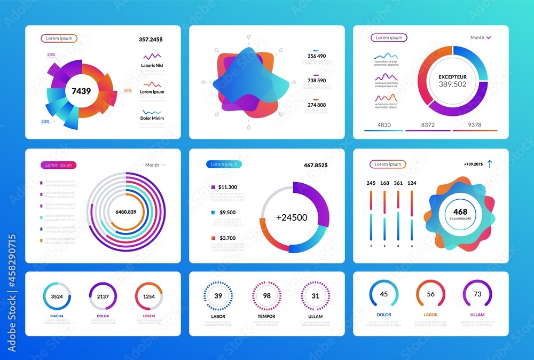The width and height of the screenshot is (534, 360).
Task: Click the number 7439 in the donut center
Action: click(81, 91)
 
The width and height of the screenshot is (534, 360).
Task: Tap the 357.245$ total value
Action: click(151, 40)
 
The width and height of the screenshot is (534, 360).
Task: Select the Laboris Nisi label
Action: click(152, 66)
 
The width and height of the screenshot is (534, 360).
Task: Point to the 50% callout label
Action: click(128, 91)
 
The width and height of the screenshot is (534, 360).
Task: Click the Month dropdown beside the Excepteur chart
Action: click(480, 38)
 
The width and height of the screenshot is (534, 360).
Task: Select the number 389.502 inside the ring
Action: click(452, 84)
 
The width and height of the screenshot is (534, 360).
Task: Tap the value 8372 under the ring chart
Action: click(428, 125)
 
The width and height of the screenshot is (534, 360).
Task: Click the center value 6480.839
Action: click(125, 212)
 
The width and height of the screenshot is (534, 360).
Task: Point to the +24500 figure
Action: click(292, 217)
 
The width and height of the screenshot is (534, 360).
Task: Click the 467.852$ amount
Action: click(316, 166)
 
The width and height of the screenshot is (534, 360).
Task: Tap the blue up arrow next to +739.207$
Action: click(489, 165)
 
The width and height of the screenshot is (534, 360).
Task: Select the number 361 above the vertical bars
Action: click(398, 183)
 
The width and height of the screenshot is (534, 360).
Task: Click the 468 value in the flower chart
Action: click(460, 212)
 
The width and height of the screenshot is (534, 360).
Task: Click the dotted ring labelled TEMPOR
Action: click(266, 296)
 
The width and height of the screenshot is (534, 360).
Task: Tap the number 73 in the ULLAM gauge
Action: click(477, 294)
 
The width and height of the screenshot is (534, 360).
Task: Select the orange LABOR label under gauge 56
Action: click(430, 315)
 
